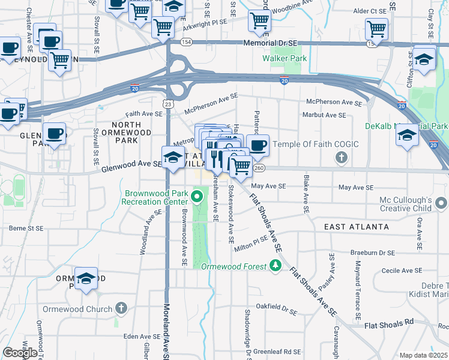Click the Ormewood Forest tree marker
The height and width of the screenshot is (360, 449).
pos(276,265)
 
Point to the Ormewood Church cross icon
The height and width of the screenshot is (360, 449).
pos(121,308)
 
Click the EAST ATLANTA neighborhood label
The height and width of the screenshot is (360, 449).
pos(357,227)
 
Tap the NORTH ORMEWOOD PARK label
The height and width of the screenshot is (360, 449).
pos(125,132)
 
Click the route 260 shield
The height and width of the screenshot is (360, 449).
pos(259,169)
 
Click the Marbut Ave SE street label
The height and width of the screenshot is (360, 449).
pos(324,115)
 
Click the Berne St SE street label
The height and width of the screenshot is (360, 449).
pos(27,228)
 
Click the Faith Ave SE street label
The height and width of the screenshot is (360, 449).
pos(144,113)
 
